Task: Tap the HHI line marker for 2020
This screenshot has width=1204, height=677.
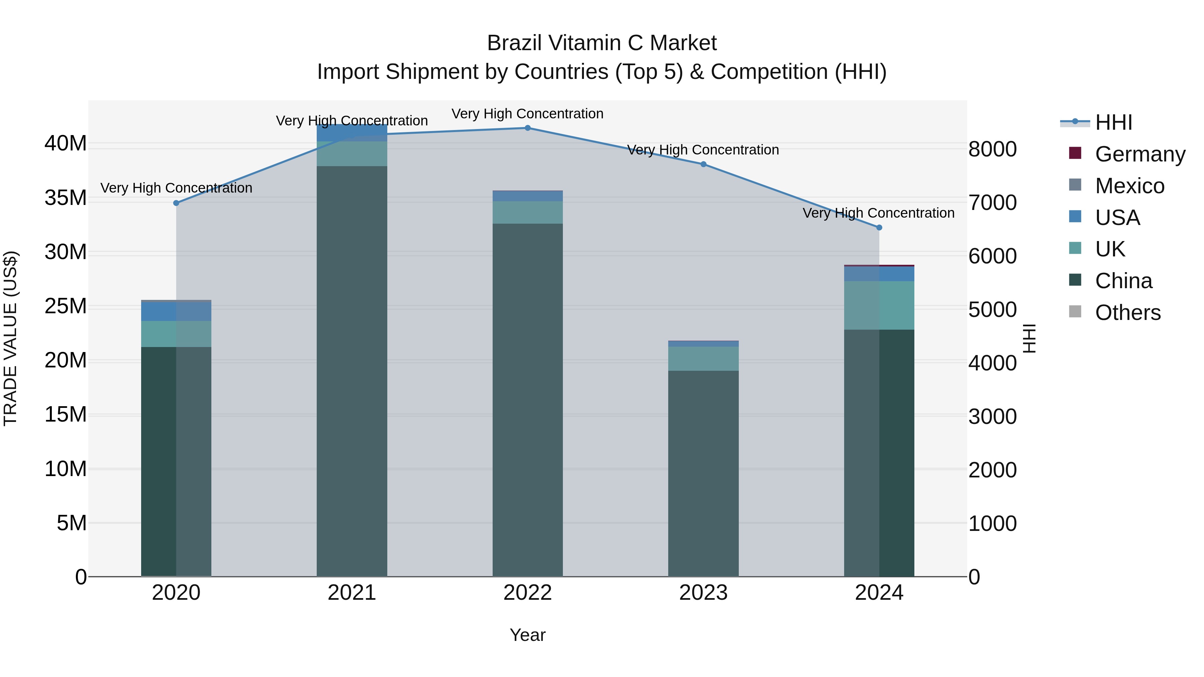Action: pyautogui.click(x=176, y=203)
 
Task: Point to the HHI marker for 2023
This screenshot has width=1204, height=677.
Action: pyautogui.click(x=703, y=164)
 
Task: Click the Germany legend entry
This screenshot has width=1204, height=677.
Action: pyautogui.click(x=1139, y=154)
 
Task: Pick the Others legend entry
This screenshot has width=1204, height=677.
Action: pyautogui.click(x=1127, y=313)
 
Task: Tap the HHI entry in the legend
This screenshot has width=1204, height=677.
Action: pyautogui.click(x=1113, y=122)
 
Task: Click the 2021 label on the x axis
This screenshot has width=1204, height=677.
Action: pyautogui.click(x=352, y=593)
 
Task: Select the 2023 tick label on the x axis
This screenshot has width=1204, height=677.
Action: pyautogui.click(x=703, y=593)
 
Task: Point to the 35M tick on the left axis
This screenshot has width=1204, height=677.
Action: pyautogui.click(x=66, y=198)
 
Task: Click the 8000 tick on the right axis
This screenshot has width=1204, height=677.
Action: pyautogui.click(x=992, y=149)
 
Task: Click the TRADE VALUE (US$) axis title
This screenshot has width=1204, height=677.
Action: pyautogui.click(x=10, y=338)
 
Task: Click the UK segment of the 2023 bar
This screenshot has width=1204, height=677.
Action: pyautogui.click(x=703, y=358)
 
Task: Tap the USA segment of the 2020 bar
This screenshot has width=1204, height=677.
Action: pyautogui.click(x=176, y=311)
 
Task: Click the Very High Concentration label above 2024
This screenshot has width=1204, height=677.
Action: pyautogui.click(x=878, y=213)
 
